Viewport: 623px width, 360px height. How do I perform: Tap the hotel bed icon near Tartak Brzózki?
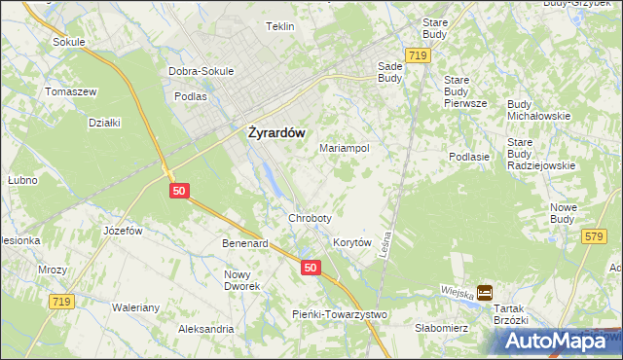485,292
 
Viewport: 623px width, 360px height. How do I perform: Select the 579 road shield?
593,236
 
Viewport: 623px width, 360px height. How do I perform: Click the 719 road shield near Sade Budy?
419,56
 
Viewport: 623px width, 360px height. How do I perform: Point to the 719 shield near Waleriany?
60,303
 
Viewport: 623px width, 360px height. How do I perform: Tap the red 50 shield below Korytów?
310,268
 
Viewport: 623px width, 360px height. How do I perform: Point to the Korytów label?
352,242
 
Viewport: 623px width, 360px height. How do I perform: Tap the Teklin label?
280,26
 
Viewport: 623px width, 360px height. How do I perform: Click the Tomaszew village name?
69,91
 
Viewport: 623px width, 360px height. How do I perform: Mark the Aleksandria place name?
205,329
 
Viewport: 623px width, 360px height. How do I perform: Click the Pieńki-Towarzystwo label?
341,314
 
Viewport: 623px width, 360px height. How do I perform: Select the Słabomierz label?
442,328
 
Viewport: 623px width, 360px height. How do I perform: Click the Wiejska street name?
456,291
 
